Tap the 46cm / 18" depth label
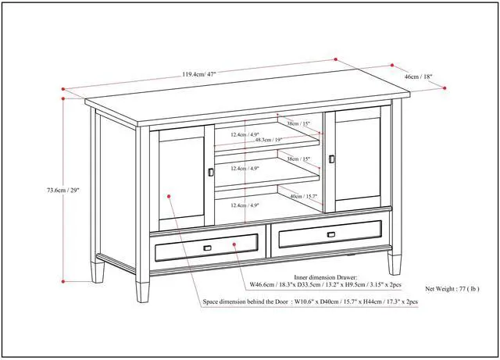418,77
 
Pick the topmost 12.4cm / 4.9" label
244,134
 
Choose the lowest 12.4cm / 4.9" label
244,205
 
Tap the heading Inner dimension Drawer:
325,277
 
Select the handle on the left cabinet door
209,172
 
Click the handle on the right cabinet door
331,159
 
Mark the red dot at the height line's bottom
63,280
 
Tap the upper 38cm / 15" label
298,124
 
